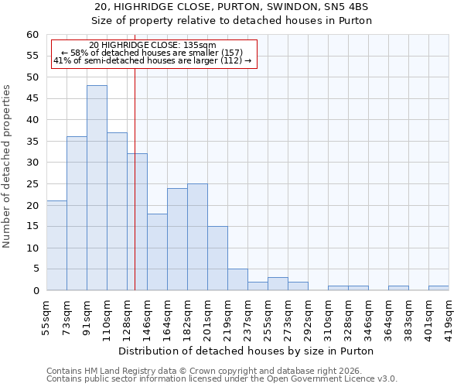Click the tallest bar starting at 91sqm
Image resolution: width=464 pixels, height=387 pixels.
[97, 188]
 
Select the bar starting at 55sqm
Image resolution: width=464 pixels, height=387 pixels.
[56, 245]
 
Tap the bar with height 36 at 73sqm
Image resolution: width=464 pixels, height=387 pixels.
[77, 214]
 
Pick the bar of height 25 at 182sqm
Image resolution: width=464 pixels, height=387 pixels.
[197, 237]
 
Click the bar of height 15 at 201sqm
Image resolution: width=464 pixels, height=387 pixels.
[217, 259]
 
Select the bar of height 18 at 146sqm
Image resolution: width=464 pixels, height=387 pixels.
[157, 252]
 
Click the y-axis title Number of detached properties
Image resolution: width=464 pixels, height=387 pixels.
[8, 166]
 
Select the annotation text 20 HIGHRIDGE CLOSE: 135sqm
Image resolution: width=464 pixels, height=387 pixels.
[152, 46]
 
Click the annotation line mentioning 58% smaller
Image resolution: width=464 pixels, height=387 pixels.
[152, 53]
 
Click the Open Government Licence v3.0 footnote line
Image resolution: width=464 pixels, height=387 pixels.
[222, 378]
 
